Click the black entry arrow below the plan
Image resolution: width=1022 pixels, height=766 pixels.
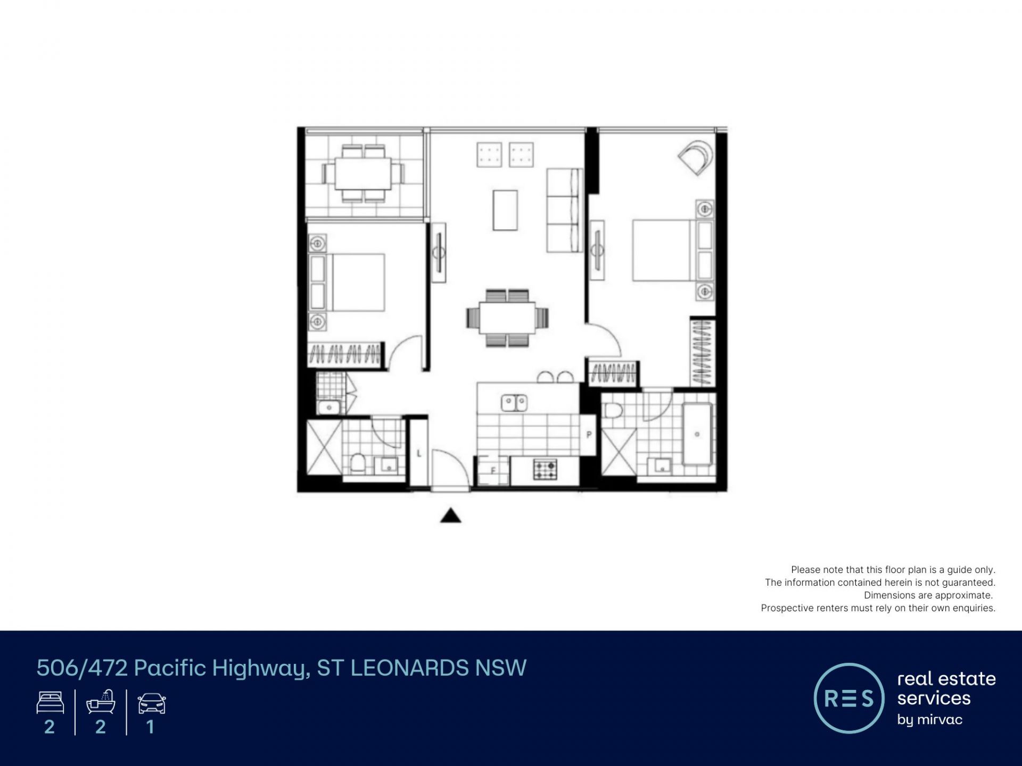450,515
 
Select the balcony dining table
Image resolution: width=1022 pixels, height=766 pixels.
363,173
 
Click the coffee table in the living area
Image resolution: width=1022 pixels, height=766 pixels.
505,210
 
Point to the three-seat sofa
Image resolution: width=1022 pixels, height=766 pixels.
564,210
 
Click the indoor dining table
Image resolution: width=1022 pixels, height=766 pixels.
507,318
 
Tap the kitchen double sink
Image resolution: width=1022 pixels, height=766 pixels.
514,403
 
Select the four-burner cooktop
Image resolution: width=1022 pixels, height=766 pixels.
545,469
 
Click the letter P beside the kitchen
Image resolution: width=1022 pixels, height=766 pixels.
589,435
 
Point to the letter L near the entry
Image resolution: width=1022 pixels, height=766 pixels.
419,453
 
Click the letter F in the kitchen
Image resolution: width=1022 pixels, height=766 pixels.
493,470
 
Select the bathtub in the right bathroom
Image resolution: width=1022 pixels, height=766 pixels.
697,434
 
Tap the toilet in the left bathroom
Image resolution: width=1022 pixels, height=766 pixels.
358,463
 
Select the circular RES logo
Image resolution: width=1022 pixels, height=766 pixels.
849,698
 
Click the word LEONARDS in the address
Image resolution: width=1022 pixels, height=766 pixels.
410,668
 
